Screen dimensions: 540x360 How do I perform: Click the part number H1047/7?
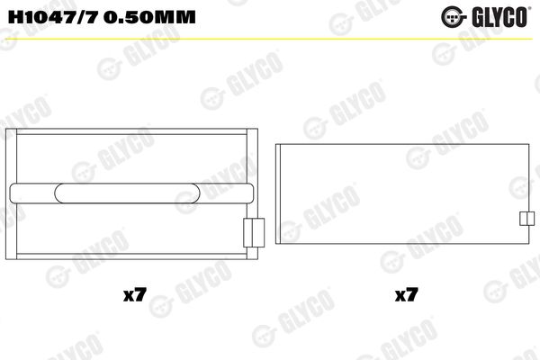pyautogui.click(x=52, y=17)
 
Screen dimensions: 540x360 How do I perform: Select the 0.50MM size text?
pyautogui.click(x=149, y=17)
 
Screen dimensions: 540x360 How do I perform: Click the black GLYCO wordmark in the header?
pyautogui.click(x=500, y=17)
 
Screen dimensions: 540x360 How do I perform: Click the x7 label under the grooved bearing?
pyautogui.click(x=135, y=295)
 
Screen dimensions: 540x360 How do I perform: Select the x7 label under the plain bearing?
pyautogui.click(x=407, y=295)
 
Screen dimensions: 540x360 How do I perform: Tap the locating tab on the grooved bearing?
pyautogui.click(x=254, y=232)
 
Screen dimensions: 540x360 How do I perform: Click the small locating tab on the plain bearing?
pyautogui.click(x=526, y=219)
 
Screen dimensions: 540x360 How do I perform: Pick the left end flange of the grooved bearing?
pyautogui.click(x=11, y=194)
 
